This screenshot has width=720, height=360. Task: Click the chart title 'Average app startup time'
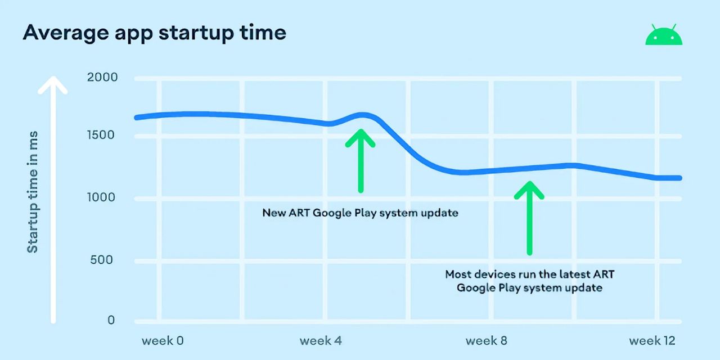(x=154, y=33)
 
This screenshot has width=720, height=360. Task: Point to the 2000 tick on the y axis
(x=102, y=77)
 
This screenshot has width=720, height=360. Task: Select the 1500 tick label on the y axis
(x=102, y=135)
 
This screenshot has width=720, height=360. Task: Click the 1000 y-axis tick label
(x=102, y=197)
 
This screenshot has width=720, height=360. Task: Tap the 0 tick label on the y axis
(x=111, y=320)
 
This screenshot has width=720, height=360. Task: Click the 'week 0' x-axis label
(x=163, y=341)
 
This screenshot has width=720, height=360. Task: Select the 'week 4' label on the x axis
(x=321, y=341)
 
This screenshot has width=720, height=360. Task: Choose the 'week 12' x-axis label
(x=652, y=341)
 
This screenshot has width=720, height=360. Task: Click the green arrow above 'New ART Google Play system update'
(x=360, y=160)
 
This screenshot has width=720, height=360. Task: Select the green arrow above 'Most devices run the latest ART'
(x=529, y=217)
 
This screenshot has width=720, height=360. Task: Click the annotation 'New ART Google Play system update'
(x=360, y=213)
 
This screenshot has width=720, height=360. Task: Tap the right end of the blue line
(x=679, y=178)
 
